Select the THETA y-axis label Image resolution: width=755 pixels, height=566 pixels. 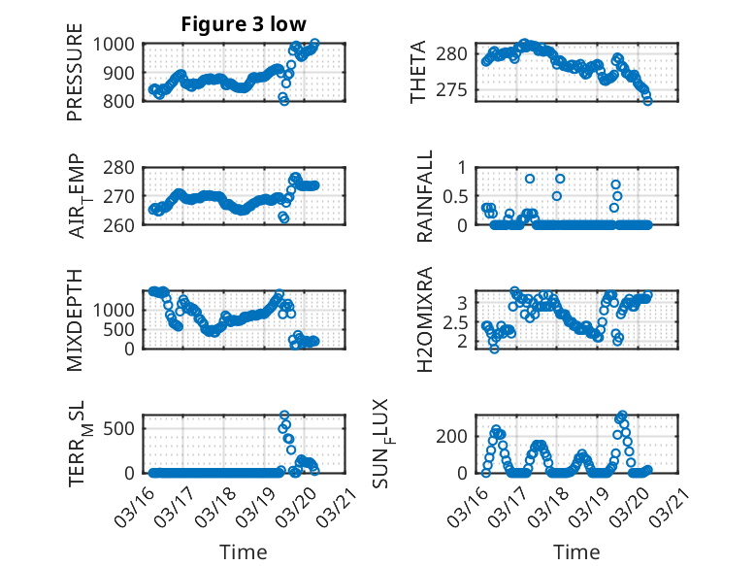pyautogui.click(x=418, y=73)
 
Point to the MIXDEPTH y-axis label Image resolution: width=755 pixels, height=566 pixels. pyautogui.click(x=75, y=320)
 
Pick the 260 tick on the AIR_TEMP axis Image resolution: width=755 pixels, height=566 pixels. pyautogui.click(x=122, y=224)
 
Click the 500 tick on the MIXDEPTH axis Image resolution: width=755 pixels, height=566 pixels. pyautogui.click(x=122, y=329)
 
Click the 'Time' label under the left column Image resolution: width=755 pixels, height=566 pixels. pyautogui.click(x=244, y=551)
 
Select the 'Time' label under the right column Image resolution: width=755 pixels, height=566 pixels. pyautogui.click(x=577, y=551)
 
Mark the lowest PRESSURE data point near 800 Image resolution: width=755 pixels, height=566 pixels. pyautogui.click(x=284, y=100)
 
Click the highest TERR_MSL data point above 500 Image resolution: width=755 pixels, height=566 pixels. pyautogui.click(x=284, y=416)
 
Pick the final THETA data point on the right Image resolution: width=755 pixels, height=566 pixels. pyautogui.click(x=647, y=100)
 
